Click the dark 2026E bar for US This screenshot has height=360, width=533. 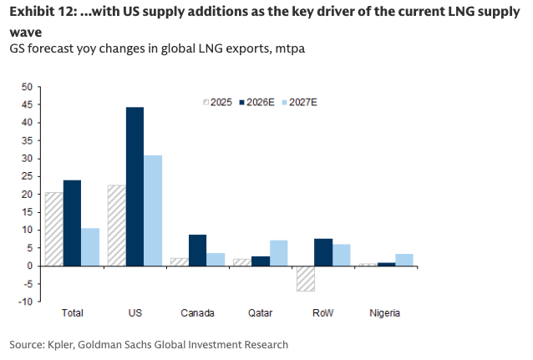point(135,186)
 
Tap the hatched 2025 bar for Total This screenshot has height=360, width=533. point(54,229)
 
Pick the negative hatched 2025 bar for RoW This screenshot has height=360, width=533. point(306,278)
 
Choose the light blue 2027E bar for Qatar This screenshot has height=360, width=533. point(278,253)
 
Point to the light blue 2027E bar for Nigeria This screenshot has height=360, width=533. point(404,260)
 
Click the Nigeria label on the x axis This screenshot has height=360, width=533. point(385,314)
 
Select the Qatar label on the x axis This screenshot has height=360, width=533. point(261,314)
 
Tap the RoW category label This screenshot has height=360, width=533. point(322,314)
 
